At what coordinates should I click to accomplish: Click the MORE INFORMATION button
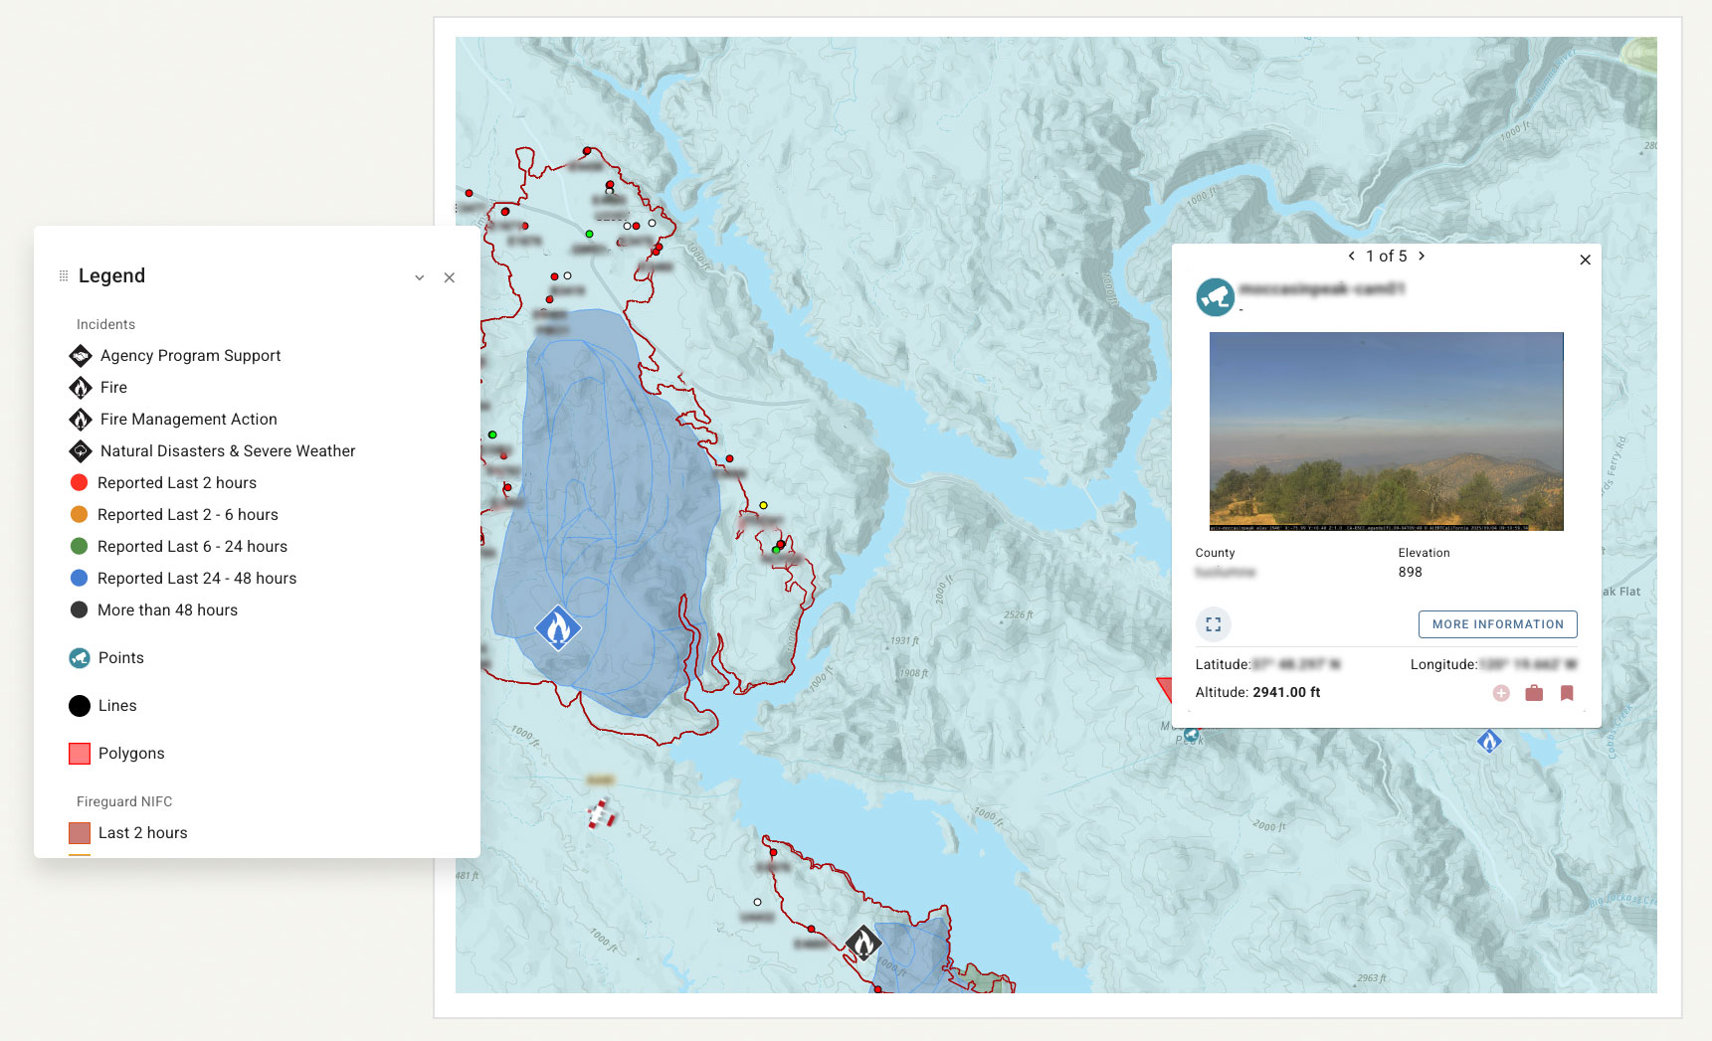click(x=1497, y=624)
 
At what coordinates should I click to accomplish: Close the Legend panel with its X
click(x=450, y=277)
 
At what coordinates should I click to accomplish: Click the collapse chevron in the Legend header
click(x=420, y=277)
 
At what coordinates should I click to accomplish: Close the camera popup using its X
click(x=1586, y=260)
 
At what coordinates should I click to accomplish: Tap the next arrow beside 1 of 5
click(x=1422, y=256)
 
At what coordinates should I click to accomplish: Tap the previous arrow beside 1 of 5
click(x=1351, y=256)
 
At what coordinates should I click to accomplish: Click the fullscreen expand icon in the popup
click(x=1213, y=624)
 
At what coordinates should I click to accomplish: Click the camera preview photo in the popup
click(x=1386, y=431)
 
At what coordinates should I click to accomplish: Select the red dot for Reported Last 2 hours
click(x=80, y=482)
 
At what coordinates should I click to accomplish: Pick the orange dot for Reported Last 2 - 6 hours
click(x=80, y=514)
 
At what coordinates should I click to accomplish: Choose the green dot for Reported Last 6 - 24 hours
click(x=80, y=546)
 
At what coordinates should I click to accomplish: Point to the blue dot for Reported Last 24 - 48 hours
click(x=80, y=578)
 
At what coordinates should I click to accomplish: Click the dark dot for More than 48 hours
click(x=80, y=609)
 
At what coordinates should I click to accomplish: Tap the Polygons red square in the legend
click(x=80, y=754)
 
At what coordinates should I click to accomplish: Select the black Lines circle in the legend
click(x=80, y=706)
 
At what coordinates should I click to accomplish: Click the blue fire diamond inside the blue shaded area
click(x=558, y=627)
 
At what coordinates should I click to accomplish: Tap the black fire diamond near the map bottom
click(x=862, y=943)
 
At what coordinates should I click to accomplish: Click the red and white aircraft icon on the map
click(x=600, y=814)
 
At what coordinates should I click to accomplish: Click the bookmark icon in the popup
click(x=1567, y=693)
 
